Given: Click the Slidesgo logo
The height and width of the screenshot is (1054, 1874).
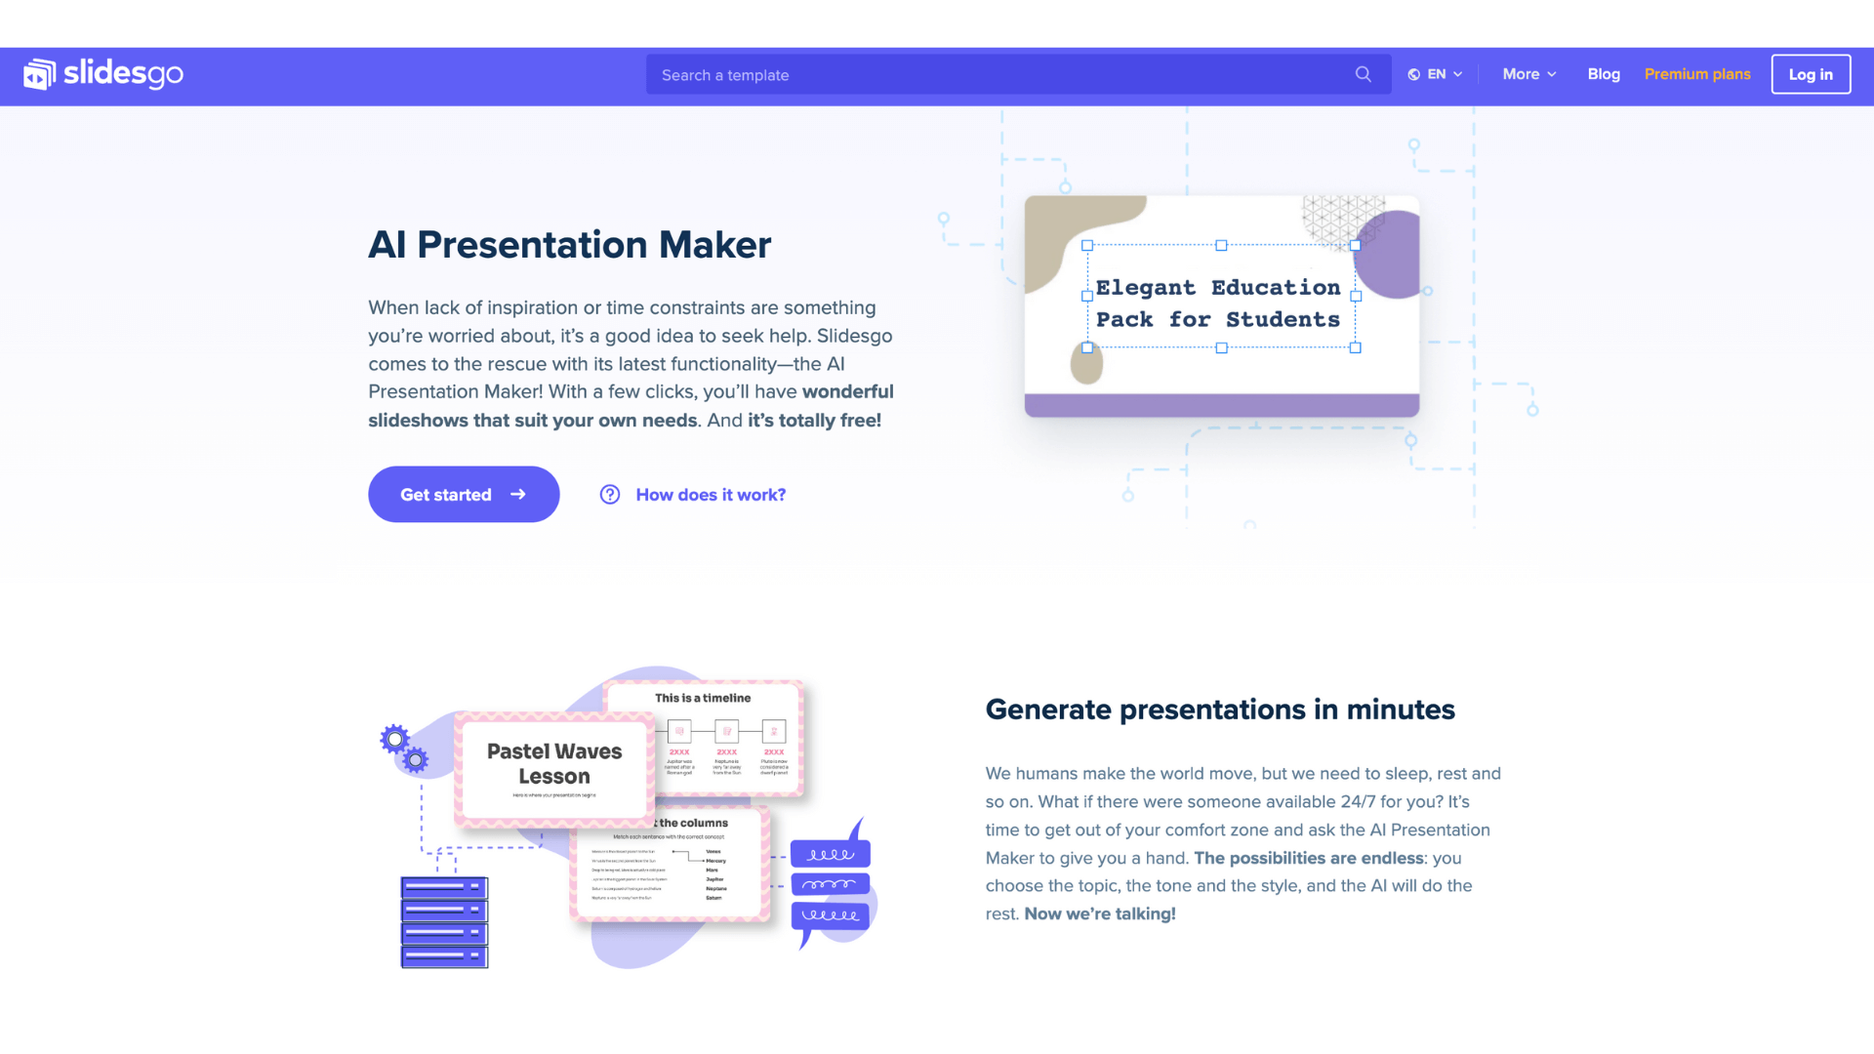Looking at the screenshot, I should click(x=103, y=74).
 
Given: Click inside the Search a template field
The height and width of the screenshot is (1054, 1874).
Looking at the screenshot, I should click(x=996, y=75).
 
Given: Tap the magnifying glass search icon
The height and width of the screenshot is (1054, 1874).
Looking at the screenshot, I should click(x=1363, y=74).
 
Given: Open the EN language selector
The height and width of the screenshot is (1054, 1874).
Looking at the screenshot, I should click(x=1435, y=74).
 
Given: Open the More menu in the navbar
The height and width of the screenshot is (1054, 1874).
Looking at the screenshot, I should click(x=1528, y=74).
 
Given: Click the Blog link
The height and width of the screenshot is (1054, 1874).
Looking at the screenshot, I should click(x=1603, y=74).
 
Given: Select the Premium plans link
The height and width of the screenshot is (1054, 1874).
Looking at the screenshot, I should click(x=1696, y=74).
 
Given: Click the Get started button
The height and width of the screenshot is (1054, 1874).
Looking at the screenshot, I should click(x=464, y=495).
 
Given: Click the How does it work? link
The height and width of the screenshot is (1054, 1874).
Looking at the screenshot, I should click(x=710, y=495).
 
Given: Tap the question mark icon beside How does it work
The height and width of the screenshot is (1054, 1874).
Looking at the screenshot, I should click(x=610, y=495).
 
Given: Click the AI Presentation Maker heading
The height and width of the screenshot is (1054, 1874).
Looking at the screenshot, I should click(x=569, y=245).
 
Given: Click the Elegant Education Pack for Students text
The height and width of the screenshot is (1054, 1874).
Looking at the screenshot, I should click(x=1218, y=304).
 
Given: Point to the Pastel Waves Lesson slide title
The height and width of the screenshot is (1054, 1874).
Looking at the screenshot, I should click(x=554, y=763).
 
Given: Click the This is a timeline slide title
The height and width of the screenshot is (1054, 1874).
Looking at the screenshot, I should click(x=703, y=698).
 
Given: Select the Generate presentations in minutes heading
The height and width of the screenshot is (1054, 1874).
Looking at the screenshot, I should click(x=1219, y=709).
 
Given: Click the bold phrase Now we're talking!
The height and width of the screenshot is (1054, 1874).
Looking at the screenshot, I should click(x=1100, y=914).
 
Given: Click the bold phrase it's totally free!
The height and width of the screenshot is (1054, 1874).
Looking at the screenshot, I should click(x=814, y=421).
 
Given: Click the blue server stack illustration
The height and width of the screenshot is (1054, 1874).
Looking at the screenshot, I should click(x=444, y=922).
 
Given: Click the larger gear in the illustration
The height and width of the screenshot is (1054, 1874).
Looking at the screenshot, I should click(x=394, y=740).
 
